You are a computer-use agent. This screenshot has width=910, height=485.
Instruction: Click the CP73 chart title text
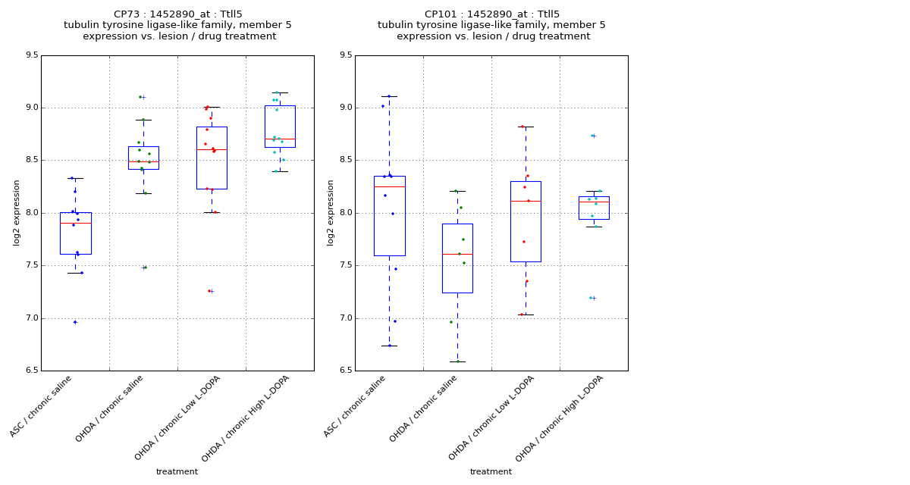[177, 25]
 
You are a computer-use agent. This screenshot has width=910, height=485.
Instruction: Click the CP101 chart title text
[491, 25]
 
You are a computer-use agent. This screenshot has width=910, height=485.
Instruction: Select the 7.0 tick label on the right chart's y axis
[345, 318]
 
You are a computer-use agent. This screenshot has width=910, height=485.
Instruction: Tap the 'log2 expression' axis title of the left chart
[17, 212]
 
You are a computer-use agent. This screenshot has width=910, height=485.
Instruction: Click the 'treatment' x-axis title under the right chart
[491, 471]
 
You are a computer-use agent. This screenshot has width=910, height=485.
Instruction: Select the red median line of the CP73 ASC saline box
[75, 223]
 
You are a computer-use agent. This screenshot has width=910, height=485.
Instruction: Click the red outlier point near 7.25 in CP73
[209, 291]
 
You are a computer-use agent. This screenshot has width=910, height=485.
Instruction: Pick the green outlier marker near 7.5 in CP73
[143, 268]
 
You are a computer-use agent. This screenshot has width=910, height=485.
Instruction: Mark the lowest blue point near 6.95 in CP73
[75, 322]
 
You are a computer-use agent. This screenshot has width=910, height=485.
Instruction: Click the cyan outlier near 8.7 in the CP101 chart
[592, 136]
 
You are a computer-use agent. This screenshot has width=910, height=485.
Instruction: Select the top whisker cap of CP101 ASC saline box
[389, 96]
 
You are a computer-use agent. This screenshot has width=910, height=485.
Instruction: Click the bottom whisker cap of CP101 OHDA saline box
[457, 361]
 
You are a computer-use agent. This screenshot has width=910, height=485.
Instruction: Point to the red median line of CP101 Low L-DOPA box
[526, 201]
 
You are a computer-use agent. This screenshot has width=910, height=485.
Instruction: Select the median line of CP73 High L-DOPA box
[280, 139]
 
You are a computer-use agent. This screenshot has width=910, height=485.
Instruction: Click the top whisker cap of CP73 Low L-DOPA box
[212, 107]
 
